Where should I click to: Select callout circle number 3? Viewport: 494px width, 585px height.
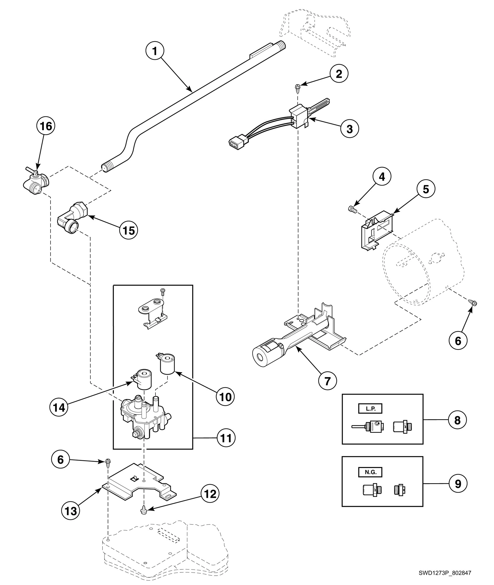[x=350, y=129]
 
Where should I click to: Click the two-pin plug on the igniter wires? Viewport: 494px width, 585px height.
[x=236, y=143]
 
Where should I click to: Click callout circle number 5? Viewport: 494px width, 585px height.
[x=426, y=189]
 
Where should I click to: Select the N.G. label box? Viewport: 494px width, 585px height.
[x=370, y=472]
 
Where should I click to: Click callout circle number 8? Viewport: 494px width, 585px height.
[x=457, y=420]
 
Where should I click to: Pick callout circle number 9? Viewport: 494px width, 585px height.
[x=457, y=484]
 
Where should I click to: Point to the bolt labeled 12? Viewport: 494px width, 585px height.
[x=144, y=511]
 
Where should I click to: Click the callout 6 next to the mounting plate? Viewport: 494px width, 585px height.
[x=61, y=460]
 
